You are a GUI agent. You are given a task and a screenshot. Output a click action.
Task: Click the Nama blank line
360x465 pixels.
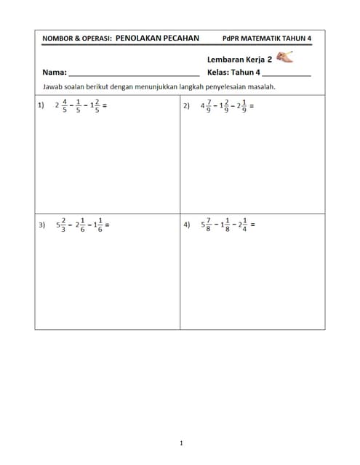pos(134,74)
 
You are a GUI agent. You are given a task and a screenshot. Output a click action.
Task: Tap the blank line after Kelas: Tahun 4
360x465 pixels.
pos(286,74)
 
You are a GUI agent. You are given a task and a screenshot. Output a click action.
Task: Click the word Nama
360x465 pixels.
pos(54,73)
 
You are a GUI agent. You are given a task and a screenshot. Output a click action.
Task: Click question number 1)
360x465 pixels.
pos(41,105)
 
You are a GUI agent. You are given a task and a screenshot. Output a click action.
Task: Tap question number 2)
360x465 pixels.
pos(187,105)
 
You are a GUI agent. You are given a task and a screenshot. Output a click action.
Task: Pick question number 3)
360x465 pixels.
pos(41,225)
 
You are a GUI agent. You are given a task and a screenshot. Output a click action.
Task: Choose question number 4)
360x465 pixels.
pos(188,225)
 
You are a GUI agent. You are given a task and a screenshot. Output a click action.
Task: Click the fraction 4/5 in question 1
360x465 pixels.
pos(64,106)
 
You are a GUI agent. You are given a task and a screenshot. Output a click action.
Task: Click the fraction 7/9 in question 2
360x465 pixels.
pos(209,106)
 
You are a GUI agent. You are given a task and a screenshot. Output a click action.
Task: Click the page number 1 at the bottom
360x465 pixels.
pos(180,442)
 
